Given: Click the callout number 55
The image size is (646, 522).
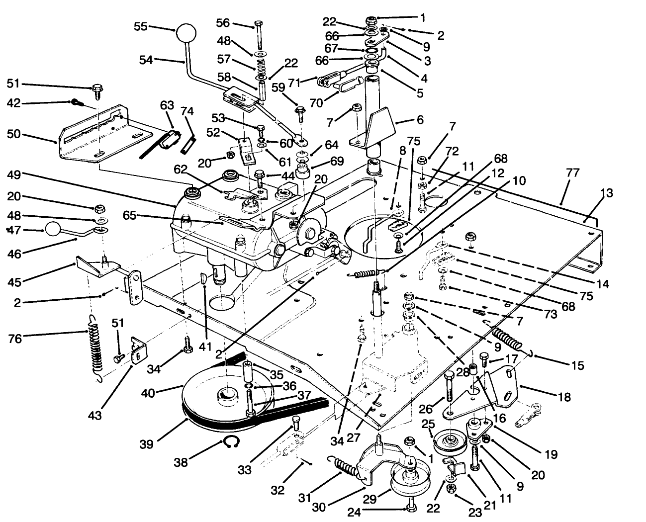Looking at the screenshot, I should coord(141,26).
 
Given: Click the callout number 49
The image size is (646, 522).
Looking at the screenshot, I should coord(15,175).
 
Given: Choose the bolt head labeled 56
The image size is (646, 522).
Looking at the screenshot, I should coord(258,24).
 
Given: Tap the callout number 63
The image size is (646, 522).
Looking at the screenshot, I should coord(167,105).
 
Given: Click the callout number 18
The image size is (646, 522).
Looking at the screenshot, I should coord(563,398).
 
